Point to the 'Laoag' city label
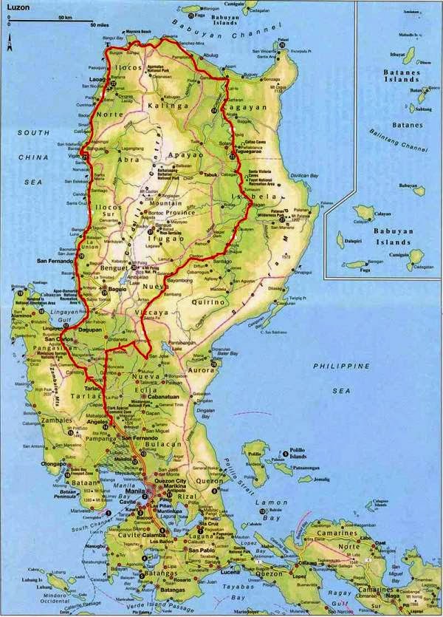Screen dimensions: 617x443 97,77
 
